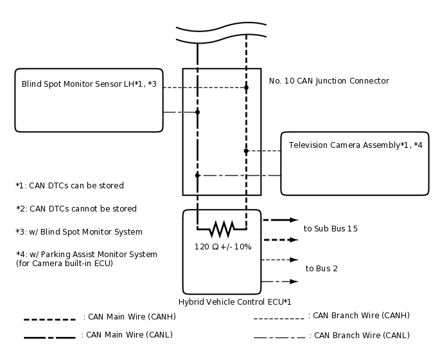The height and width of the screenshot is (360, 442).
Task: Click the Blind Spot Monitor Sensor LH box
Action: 89,100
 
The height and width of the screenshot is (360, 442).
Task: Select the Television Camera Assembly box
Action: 355,163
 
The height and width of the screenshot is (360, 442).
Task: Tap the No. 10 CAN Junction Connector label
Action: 329,81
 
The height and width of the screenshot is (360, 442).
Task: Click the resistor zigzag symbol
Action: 222,228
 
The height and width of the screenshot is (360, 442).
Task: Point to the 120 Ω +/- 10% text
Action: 222,246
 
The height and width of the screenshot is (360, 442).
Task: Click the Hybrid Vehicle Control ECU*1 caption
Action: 234,301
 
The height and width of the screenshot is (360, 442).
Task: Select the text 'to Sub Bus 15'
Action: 330,229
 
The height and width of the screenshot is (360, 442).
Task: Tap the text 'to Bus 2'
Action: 321,269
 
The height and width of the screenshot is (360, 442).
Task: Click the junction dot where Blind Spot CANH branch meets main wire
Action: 246,87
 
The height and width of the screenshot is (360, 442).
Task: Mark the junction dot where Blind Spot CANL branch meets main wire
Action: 197,112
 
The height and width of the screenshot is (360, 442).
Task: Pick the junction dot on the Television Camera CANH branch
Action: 246,151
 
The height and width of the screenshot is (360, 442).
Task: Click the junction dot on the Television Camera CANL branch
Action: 197,175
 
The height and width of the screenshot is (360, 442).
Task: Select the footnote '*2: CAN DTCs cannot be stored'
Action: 76,209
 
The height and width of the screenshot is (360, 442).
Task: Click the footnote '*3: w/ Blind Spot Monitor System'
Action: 79,232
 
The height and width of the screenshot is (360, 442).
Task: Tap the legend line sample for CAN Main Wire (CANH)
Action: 49,319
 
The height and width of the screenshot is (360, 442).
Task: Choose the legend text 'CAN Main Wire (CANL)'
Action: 127,335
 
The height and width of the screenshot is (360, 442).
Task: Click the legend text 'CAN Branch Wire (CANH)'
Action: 358,316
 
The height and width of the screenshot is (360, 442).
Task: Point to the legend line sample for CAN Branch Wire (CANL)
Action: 279,337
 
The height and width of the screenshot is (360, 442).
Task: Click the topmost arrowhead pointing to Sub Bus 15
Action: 294,220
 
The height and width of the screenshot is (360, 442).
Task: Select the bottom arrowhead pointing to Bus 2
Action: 294,282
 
